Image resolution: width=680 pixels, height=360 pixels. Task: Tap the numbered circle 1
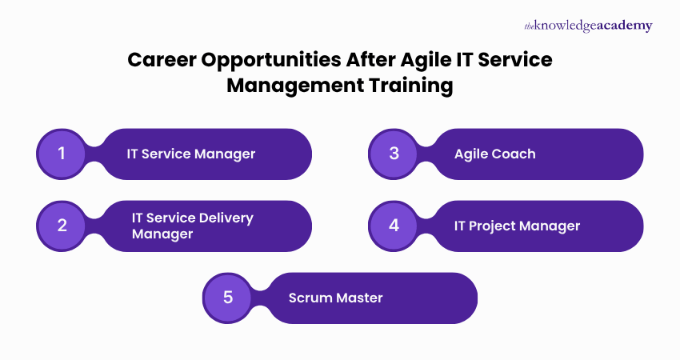62,154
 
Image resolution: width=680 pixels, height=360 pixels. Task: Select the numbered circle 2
62,226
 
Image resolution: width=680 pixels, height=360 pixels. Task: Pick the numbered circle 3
394,154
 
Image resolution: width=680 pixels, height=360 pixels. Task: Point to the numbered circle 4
394,226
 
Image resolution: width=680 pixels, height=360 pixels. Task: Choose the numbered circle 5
228,298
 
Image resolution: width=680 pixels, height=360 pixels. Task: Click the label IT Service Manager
190,154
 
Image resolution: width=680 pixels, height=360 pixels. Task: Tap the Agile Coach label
494,154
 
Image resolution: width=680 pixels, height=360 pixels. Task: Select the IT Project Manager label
517,226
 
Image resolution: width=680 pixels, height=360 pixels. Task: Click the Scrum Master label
335,298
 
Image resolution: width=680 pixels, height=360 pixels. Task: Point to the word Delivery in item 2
225,218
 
